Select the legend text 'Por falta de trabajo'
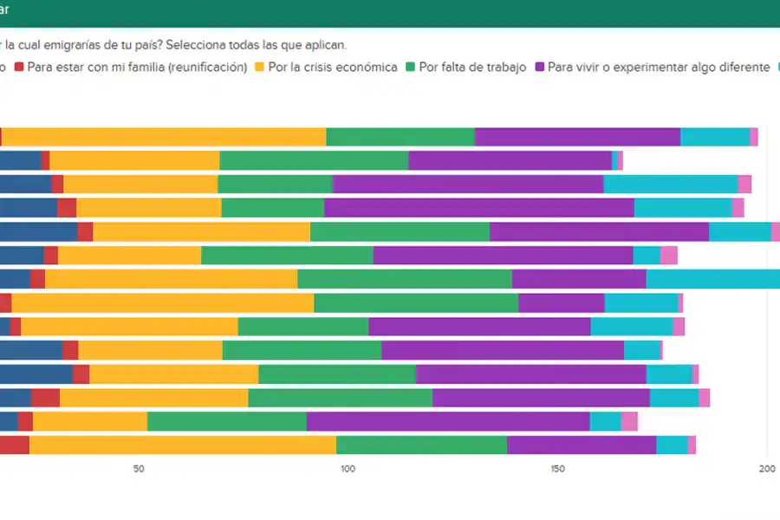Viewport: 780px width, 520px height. [x=472, y=68]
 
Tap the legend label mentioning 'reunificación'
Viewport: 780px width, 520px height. [x=137, y=68]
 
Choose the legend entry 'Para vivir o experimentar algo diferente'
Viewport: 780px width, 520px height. [x=659, y=68]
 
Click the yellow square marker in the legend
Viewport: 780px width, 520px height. [x=258, y=68]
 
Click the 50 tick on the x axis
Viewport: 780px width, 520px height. [x=138, y=469]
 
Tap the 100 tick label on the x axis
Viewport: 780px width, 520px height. [x=347, y=469]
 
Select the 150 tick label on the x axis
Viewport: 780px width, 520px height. [x=557, y=469]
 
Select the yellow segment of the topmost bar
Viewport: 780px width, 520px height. [x=164, y=137]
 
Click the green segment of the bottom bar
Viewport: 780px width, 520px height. [x=421, y=445]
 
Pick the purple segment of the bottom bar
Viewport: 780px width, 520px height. [x=582, y=445]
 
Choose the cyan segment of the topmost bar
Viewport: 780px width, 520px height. [x=715, y=137]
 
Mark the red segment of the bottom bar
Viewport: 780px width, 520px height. [x=14, y=445]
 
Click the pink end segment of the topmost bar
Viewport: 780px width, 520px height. [x=754, y=137]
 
